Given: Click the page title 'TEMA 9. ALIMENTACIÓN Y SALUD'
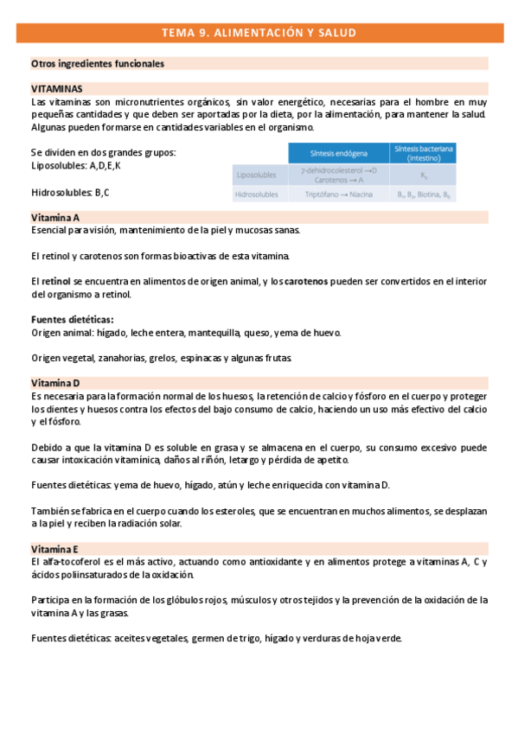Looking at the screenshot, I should click(259, 33).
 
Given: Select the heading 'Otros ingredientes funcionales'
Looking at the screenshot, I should click(98, 64).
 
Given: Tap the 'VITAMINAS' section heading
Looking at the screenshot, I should click(57, 89).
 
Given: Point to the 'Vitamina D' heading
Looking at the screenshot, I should click(55, 382).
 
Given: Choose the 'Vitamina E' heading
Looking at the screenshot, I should click(54, 549).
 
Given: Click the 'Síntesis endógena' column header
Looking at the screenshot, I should click(338, 153).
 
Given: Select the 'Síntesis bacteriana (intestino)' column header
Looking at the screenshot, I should click(424, 153).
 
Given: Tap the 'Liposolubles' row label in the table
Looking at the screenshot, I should click(258, 175).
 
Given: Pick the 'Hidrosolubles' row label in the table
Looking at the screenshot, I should click(258, 195).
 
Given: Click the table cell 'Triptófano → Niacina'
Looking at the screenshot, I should click(338, 195).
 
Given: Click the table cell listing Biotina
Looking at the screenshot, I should click(424, 195).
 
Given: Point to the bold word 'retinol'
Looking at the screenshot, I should click(55, 282).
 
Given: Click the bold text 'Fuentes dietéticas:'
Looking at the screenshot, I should click(73, 320).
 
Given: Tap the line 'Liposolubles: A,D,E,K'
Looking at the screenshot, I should click(76, 165).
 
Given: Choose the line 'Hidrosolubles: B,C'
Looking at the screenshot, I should click(70, 192).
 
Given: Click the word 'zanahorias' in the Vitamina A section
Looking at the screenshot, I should click(113, 358).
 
